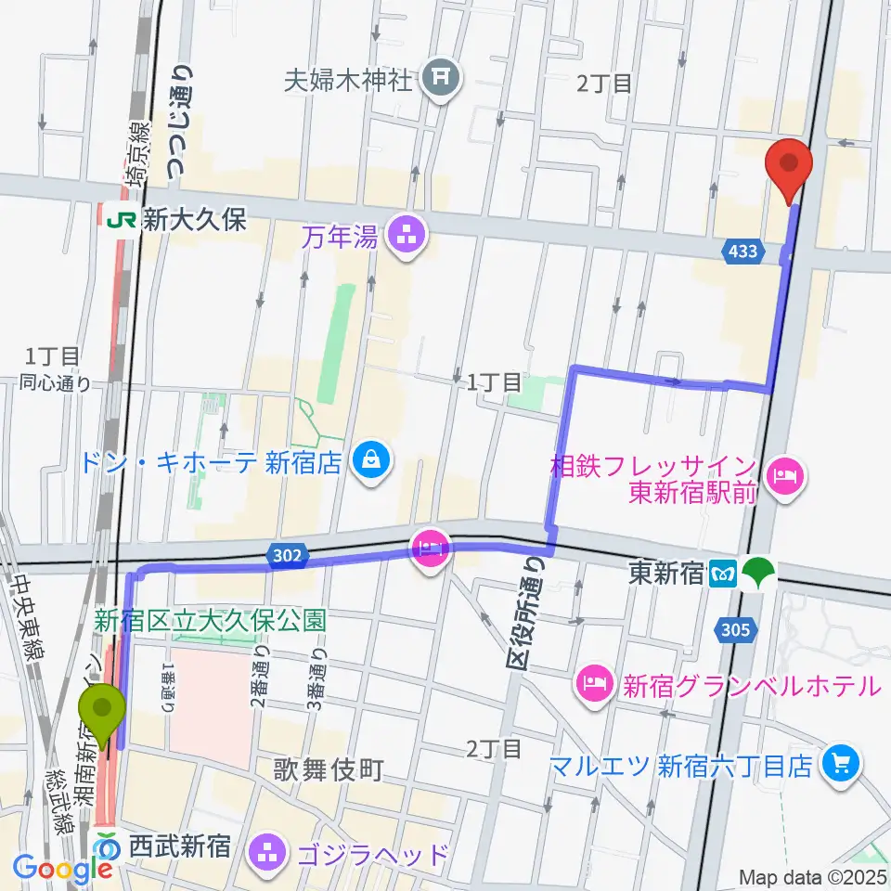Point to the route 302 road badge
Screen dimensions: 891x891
click(287, 555)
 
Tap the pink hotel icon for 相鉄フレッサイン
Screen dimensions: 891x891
click(785, 477)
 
